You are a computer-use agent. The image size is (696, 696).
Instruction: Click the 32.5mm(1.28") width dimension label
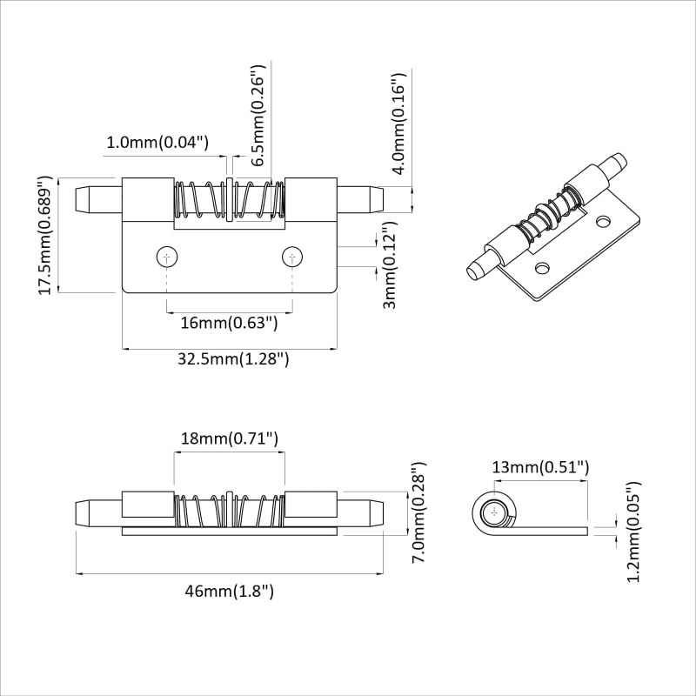[x=229, y=359]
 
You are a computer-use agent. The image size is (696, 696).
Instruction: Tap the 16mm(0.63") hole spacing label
[x=229, y=324]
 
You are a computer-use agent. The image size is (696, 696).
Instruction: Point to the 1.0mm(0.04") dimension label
[x=158, y=142]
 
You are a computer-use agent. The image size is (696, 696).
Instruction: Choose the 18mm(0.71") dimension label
[x=229, y=439]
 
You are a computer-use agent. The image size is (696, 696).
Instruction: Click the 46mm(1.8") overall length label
[x=229, y=592]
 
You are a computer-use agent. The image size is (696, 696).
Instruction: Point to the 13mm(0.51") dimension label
[x=540, y=467]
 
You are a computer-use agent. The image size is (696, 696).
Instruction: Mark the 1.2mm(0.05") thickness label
[x=633, y=532]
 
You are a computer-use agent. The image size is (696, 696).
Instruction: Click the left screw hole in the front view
[x=166, y=257]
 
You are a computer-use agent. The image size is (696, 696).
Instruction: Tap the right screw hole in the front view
[x=293, y=257]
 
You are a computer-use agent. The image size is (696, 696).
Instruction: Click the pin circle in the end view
[x=496, y=512]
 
